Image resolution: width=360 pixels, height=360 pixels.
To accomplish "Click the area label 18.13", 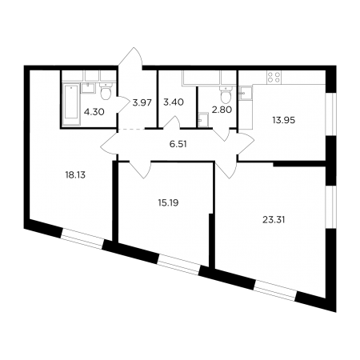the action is click(75, 175).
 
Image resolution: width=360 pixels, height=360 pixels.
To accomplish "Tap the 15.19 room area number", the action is click(168, 203).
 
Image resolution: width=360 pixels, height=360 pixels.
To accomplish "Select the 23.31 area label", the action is click(274, 220).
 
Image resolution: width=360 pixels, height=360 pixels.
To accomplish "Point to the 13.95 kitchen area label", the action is click(284, 120).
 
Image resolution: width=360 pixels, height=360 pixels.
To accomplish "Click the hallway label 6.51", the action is click(178, 144).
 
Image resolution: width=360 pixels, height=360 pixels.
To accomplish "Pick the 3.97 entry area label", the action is click(142, 102).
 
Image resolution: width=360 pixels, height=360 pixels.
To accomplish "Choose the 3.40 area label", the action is click(174, 102).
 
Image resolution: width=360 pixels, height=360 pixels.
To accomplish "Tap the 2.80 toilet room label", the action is click(222, 110).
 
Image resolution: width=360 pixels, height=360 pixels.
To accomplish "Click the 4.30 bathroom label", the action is click(94, 112).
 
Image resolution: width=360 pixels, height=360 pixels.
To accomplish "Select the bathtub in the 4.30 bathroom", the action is click(71, 104).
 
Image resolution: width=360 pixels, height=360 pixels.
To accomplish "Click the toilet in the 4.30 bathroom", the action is click(106, 90).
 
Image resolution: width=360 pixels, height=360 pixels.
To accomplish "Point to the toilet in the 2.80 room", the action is click(226, 94).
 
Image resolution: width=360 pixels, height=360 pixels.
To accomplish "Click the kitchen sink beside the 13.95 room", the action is click(246, 93).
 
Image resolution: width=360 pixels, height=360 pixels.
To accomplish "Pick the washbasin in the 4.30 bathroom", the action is click(88, 88).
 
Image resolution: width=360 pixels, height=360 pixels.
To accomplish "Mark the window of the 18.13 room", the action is click(82, 238).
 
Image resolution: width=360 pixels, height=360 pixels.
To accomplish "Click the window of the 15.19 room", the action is click(178, 265).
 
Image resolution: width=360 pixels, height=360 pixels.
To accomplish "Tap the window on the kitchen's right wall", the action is click(331, 114).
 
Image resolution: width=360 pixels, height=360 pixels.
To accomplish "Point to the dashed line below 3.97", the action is click(132, 129).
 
